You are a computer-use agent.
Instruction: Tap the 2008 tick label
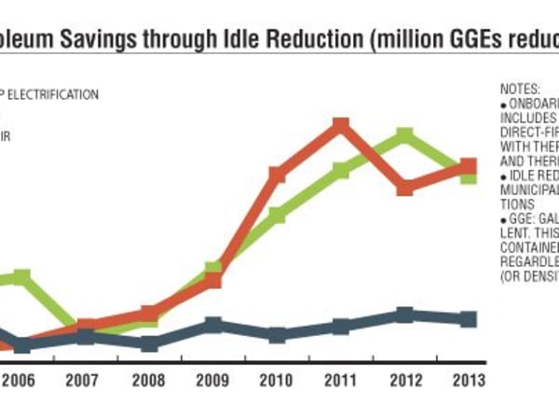[149, 381]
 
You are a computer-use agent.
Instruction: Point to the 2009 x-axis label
[213, 381]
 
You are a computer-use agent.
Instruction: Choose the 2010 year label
[277, 381]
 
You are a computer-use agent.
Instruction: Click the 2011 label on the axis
[341, 381]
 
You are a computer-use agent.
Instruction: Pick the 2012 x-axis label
[404, 381]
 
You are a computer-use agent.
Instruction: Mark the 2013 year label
[469, 381]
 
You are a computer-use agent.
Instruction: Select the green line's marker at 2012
[404, 137]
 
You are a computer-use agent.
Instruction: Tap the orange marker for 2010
[277, 175]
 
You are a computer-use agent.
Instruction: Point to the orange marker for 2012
[404, 188]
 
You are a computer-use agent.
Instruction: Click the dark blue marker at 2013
[469, 319]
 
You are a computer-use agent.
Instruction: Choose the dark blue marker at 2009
[213, 325]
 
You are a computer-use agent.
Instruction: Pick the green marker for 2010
[277, 216]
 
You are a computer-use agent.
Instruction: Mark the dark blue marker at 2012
[404, 315]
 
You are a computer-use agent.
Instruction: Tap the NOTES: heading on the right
[521, 89]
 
